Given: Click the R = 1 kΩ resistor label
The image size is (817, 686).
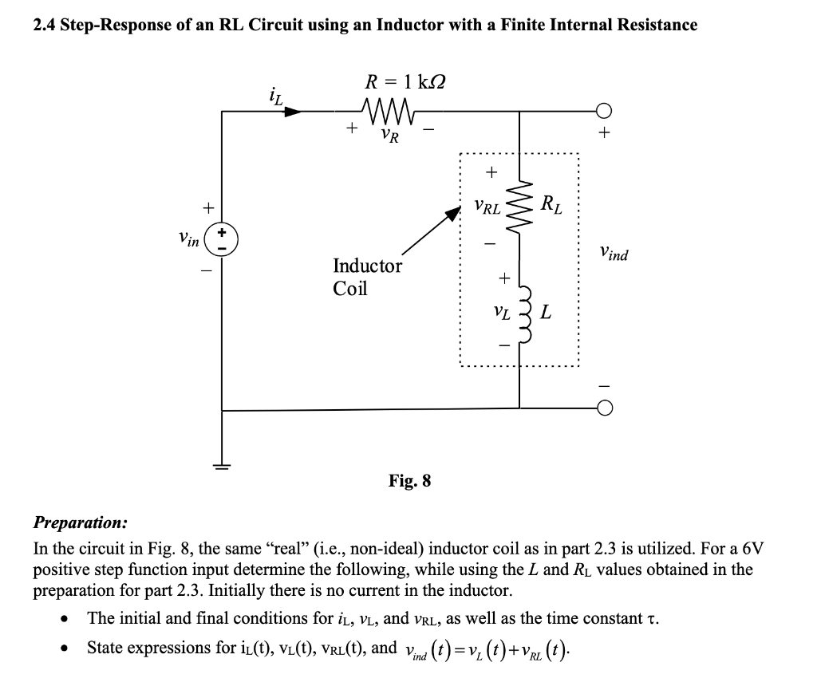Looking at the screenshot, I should point(405,81).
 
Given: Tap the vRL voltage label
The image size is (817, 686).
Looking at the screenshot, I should point(487,208).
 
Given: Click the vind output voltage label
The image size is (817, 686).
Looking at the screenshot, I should point(613,254).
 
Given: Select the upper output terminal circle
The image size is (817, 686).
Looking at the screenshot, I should point(605,112).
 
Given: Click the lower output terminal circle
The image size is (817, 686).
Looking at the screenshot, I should point(605,410).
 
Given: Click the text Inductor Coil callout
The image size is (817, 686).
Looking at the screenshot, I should point(366,276).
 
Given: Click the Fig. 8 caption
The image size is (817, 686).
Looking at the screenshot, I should point(409,480).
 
